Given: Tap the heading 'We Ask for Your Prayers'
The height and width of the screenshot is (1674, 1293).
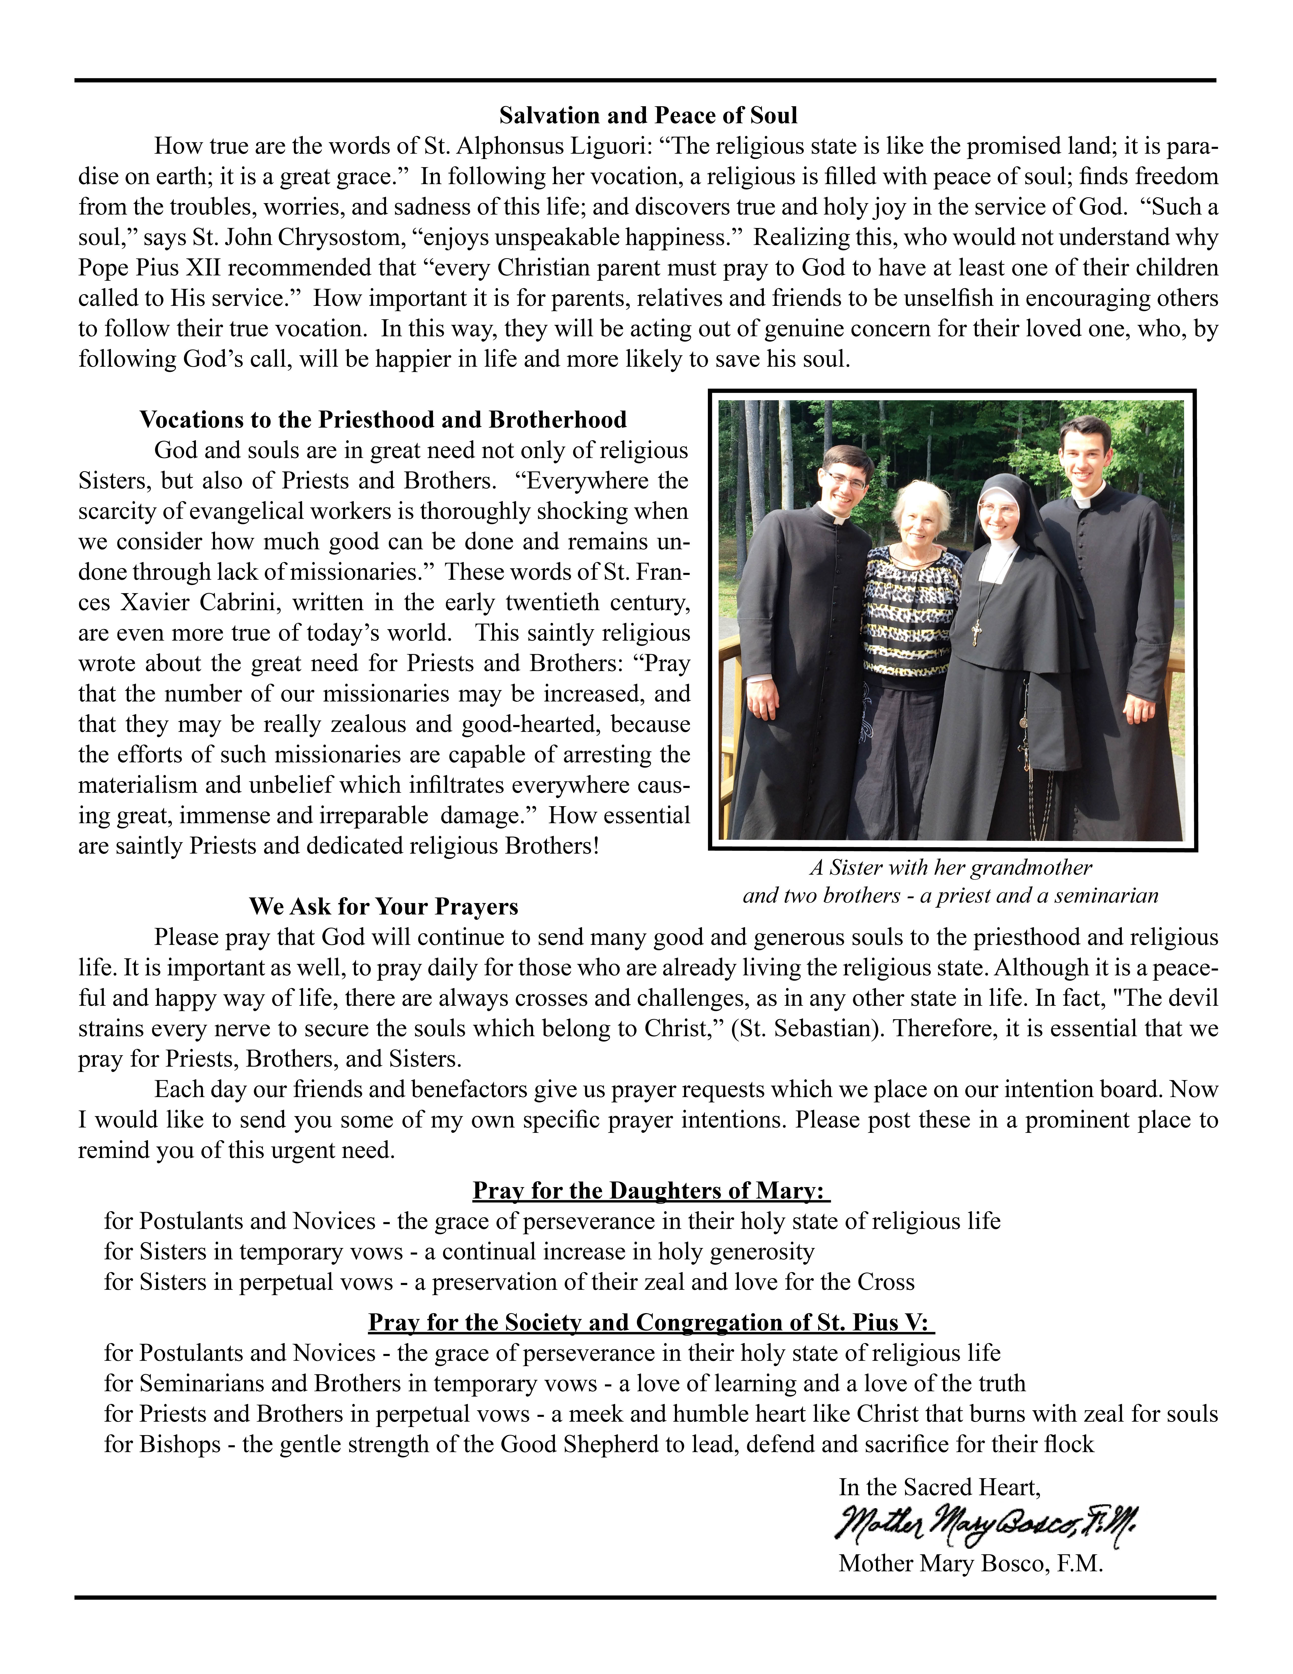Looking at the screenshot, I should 383,907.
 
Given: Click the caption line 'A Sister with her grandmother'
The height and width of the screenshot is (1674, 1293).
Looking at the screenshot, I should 950,868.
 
